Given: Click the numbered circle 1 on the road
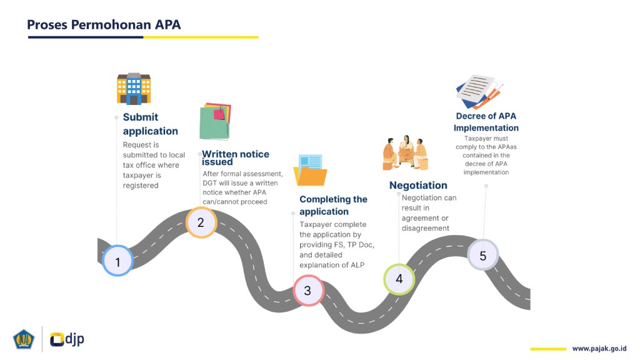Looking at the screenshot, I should point(117,262).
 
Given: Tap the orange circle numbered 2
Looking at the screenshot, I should point(201,222).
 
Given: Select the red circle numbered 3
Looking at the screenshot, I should point(307,291).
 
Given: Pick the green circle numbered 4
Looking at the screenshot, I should point(399,279).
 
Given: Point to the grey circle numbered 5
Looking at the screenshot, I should point(482,256).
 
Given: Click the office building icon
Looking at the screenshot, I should point(134,89).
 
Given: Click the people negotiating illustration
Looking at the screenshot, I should point(406,152).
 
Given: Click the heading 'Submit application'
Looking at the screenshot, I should point(150,124).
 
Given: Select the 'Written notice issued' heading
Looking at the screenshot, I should point(235,157).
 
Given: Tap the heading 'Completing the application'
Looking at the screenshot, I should point(333,205).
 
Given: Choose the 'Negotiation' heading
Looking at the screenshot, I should point(418,185).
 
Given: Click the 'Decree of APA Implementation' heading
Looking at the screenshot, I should point(486,122).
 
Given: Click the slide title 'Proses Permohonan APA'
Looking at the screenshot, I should point(104,25).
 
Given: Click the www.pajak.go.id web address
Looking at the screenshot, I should point(599,348).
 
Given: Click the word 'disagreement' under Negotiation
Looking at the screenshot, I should point(425,228).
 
